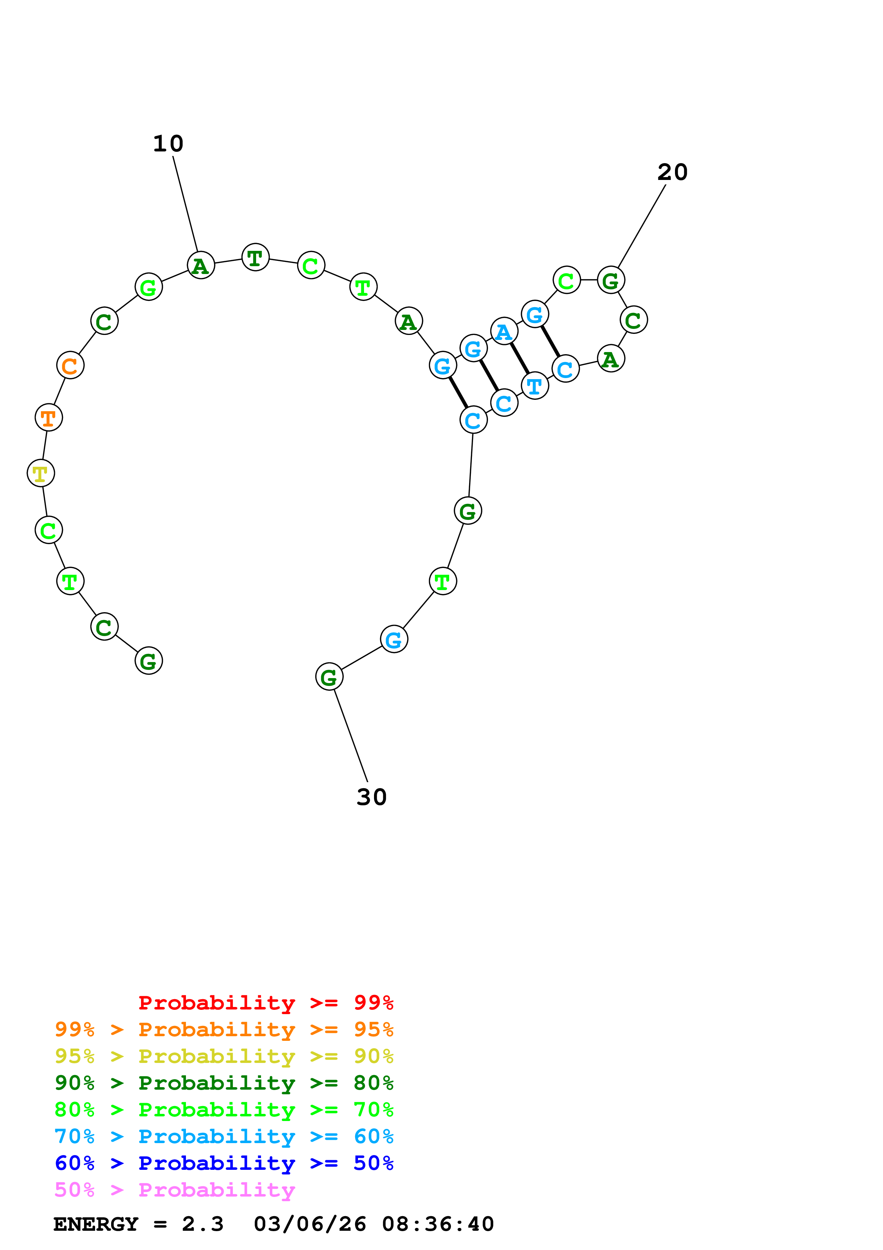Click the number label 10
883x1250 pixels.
point(168,144)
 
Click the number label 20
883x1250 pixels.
point(672,172)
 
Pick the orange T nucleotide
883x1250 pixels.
point(48,418)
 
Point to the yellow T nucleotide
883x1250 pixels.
point(41,473)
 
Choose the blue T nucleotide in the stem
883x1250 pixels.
point(535,386)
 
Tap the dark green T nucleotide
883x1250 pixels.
point(255,258)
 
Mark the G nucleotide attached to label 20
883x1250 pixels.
point(611,280)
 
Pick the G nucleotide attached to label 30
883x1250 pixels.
point(329,677)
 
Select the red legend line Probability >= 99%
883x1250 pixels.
point(265,1003)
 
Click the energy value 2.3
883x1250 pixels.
point(202,1224)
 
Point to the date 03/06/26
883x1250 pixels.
point(310,1224)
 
